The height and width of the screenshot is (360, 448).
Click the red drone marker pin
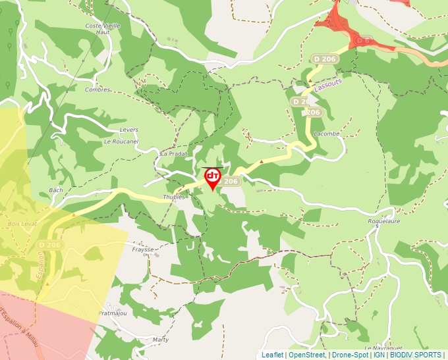[x=212, y=178]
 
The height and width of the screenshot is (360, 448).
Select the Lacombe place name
[x=327, y=134]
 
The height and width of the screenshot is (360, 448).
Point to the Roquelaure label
[x=383, y=222]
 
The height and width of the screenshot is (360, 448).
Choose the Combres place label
[x=97, y=90]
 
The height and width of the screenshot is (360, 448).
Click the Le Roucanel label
[x=121, y=141]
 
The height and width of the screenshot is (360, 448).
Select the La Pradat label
[x=174, y=153]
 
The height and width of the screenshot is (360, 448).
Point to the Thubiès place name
[x=174, y=197]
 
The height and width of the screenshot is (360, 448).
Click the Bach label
[x=56, y=190]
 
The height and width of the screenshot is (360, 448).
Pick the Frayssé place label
[x=143, y=249]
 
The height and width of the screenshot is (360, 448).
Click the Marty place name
[x=160, y=340]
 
